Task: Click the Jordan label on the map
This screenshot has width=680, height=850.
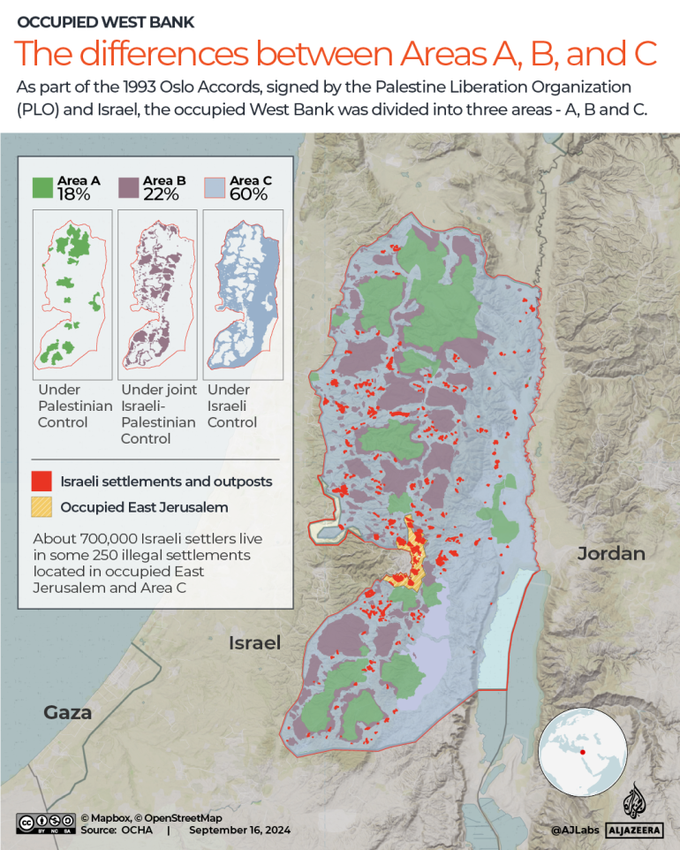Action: (611, 554)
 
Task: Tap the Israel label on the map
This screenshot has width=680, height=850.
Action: (254, 642)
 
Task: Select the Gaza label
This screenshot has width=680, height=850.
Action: (68, 712)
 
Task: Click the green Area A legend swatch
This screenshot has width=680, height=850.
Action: (43, 187)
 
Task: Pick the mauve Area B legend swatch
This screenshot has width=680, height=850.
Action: (130, 187)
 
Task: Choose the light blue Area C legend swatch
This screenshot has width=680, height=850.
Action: (215, 187)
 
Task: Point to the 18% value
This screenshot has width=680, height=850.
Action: (74, 194)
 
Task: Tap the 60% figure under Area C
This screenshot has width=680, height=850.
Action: (248, 194)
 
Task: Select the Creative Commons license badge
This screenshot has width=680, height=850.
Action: (45, 823)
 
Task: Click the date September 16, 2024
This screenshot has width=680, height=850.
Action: (239, 831)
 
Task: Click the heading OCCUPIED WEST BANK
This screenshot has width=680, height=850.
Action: (107, 21)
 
